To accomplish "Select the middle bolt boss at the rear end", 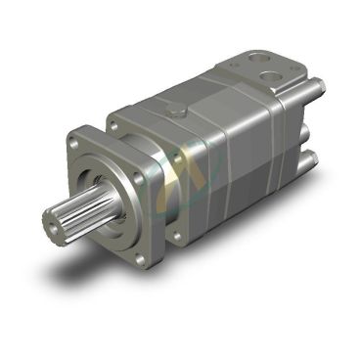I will coord(312,128).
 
